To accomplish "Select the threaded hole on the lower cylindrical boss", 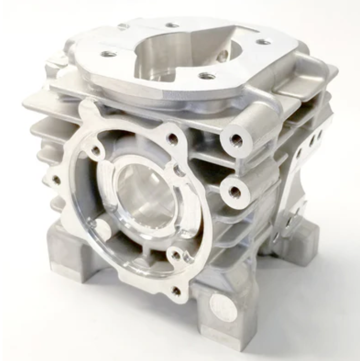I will (234, 191).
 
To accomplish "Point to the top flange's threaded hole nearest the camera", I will (206, 76).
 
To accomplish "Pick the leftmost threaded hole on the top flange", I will (107, 53).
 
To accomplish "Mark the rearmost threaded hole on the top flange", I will (172, 24).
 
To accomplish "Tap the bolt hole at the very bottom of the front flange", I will (176, 291).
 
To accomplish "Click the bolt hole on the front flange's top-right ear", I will (173, 138).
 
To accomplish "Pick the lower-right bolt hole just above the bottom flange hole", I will (175, 255).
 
